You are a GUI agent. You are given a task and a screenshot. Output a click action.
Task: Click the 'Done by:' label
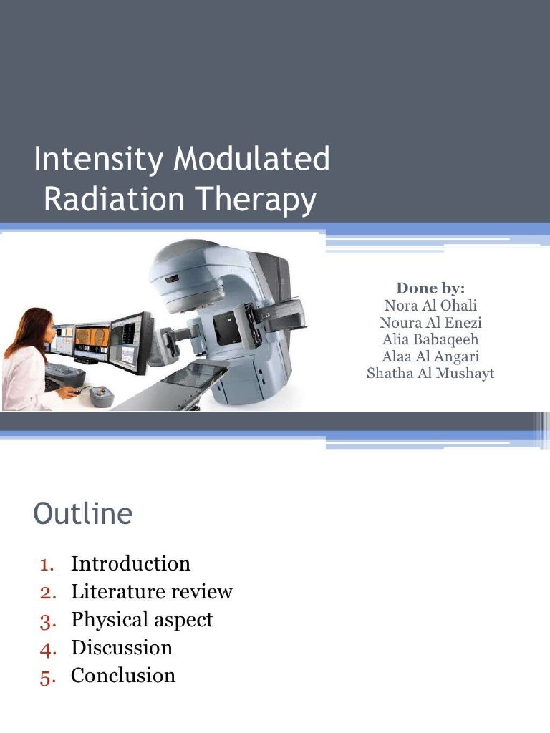(x=430, y=288)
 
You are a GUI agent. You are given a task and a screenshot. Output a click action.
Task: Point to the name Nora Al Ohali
(x=430, y=306)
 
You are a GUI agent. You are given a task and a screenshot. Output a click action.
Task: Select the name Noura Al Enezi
(x=430, y=323)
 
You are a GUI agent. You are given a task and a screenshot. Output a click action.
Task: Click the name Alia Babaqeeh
(x=430, y=339)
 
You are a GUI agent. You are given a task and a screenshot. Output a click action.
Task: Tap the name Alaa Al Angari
(x=430, y=356)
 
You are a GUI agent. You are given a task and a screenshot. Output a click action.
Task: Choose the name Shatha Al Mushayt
(x=430, y=374)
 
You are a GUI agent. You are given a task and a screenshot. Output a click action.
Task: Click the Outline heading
(x=83, y=515)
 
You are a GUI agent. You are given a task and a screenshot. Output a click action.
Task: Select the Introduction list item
(x=130, y=564)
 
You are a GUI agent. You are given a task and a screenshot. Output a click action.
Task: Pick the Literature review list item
(x=151, y=592)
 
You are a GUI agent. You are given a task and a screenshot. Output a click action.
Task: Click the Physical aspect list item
(x=142, y=620)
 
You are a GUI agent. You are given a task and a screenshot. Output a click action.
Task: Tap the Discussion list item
(x=121, y=648)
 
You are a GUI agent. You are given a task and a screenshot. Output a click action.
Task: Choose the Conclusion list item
(x=122, y=676)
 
